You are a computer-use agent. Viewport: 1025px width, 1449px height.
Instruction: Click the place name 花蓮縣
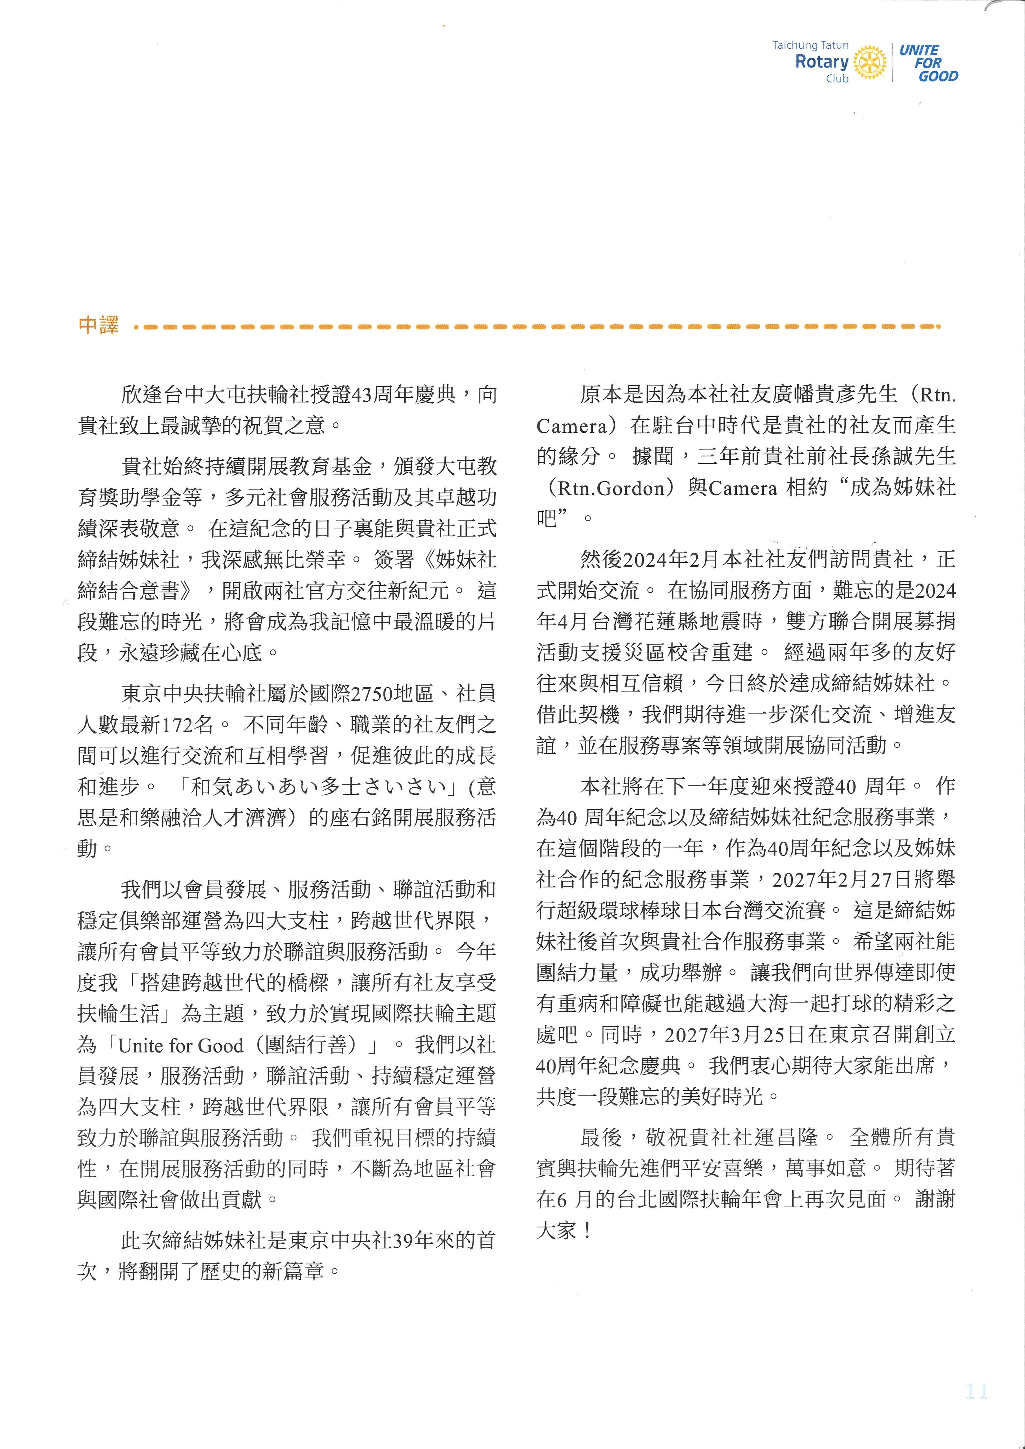[x=685, y=622]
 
